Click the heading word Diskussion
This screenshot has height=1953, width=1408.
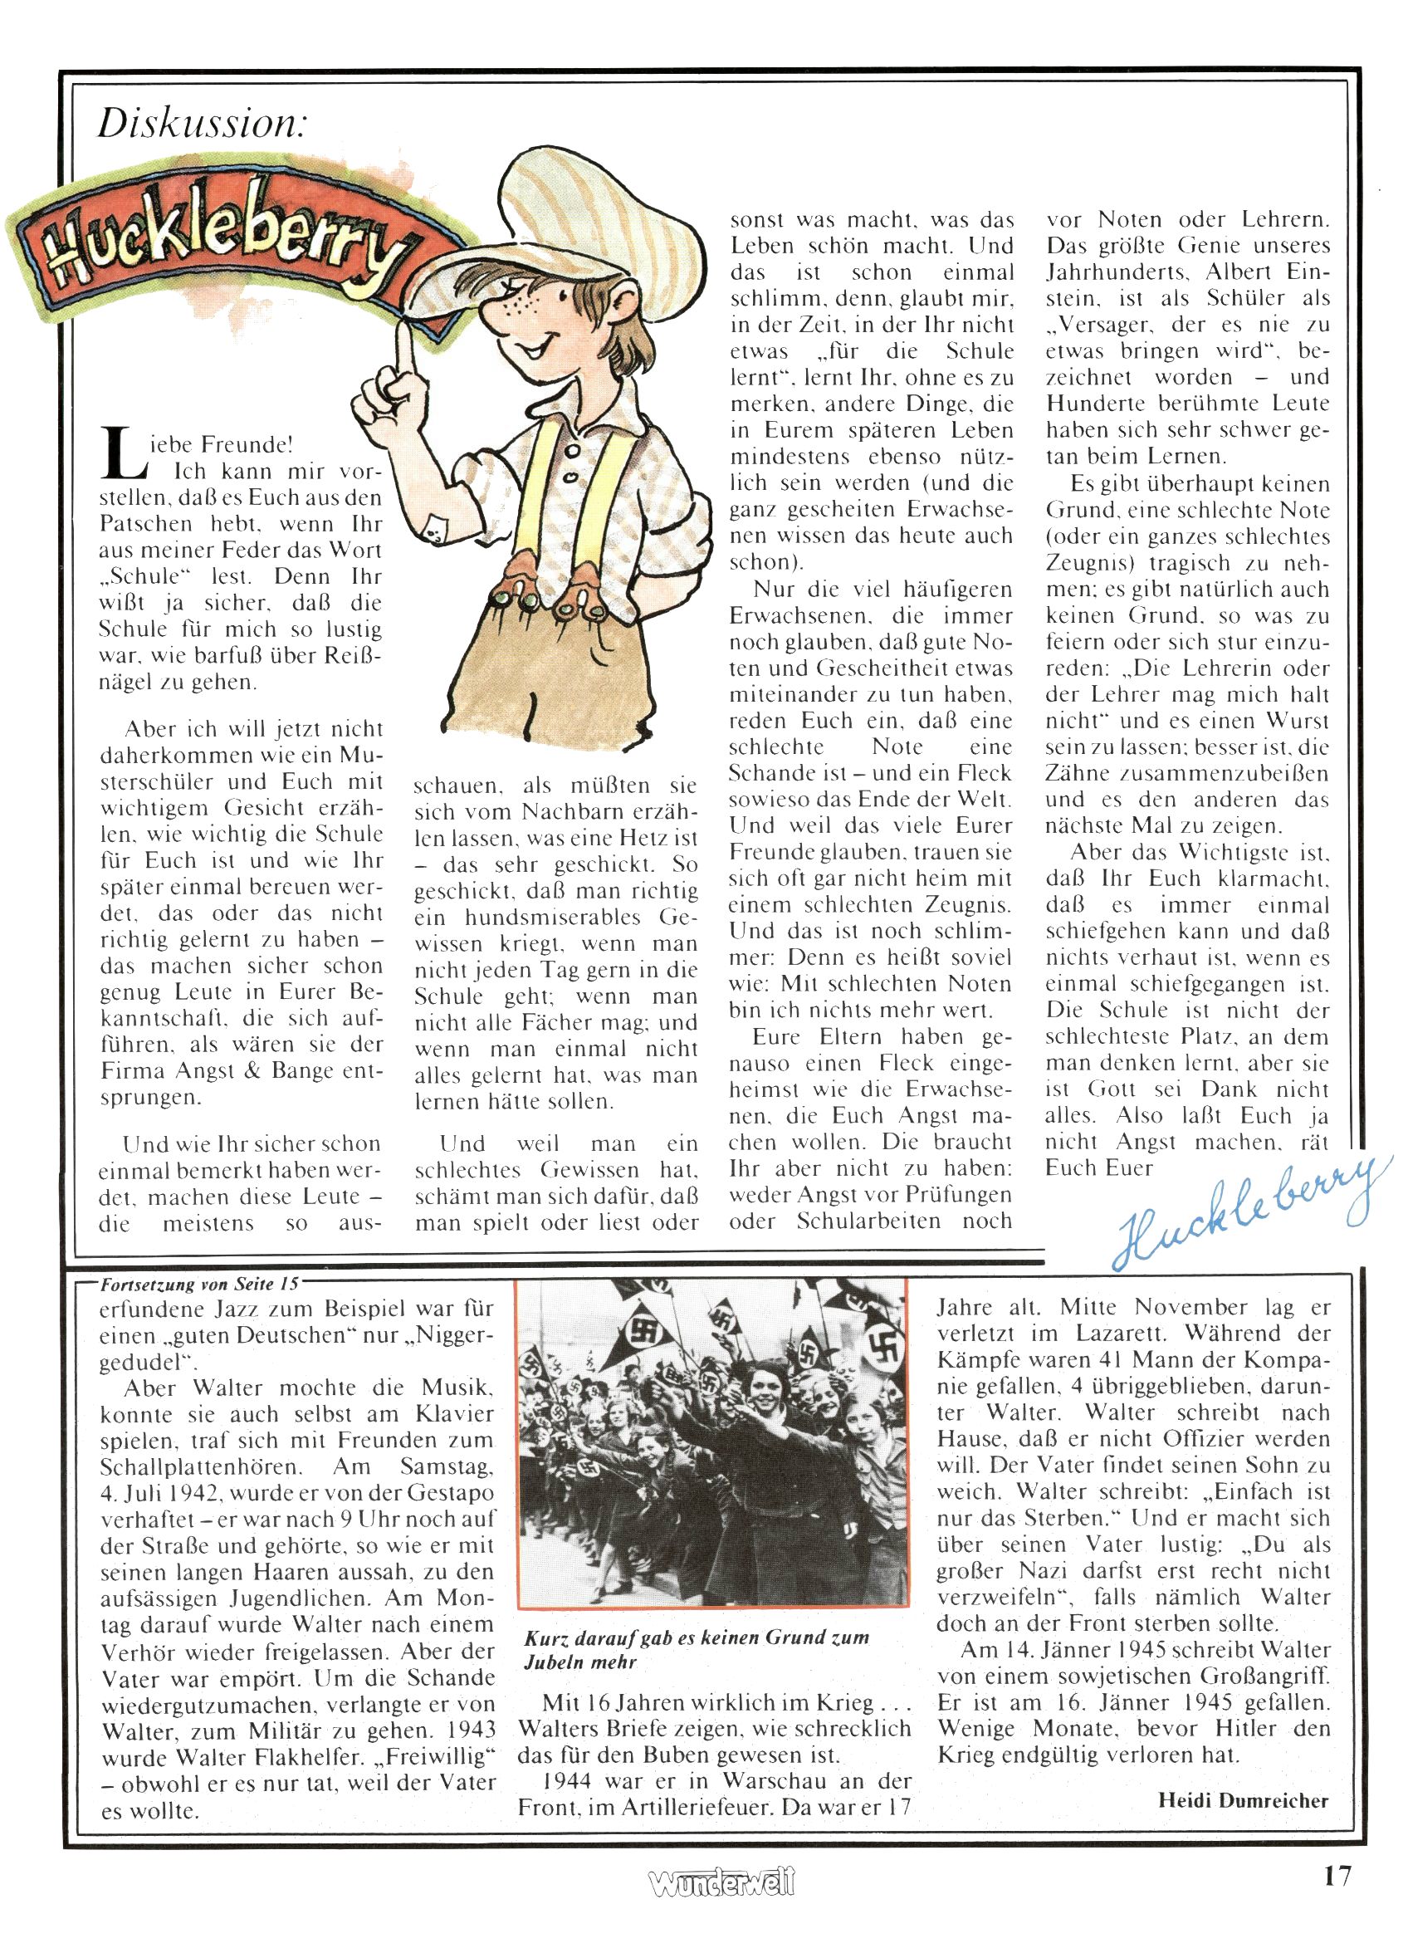click(202, 124)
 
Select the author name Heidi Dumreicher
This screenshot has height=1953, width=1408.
click(1243, 1799)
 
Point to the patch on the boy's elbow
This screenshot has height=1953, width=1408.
click(440, 531)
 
